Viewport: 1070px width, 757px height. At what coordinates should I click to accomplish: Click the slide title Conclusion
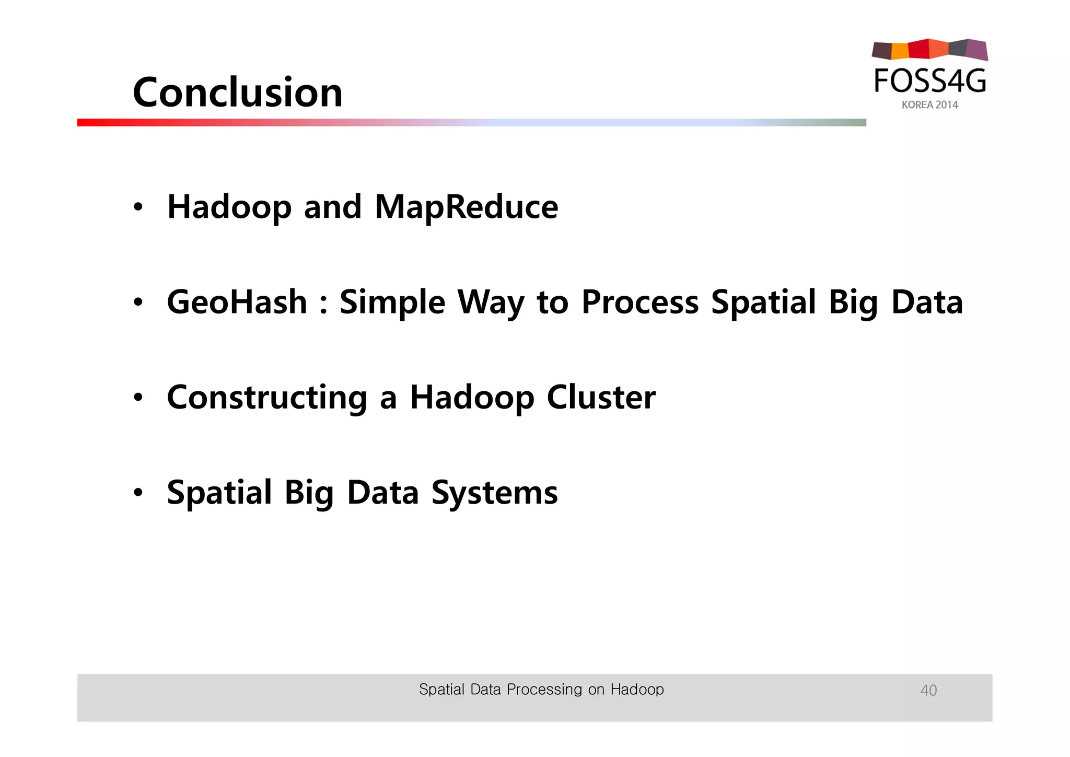238,92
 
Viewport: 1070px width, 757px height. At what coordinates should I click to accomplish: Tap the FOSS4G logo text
930,81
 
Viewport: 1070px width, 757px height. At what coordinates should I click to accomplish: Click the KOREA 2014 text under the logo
929,105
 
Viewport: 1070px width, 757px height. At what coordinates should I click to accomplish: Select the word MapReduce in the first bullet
466,207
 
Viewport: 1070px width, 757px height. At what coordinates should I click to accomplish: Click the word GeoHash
237,302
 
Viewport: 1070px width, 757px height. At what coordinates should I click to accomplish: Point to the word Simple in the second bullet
392,303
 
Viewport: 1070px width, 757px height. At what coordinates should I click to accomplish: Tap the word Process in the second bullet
639,302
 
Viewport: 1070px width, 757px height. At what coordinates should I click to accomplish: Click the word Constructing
267,398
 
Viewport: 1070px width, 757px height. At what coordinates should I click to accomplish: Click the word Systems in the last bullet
494,493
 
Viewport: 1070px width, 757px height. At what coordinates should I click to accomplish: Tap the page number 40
928,690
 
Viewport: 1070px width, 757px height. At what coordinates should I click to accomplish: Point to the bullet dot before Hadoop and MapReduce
137,207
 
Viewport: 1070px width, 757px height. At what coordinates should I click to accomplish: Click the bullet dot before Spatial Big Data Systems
137,492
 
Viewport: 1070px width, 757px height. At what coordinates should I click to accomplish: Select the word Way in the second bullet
491,303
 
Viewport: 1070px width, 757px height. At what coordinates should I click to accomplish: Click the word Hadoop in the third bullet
472,398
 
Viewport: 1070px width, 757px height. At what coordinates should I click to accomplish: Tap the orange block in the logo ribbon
900,51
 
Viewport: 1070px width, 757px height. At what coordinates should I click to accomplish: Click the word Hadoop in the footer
637,690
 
